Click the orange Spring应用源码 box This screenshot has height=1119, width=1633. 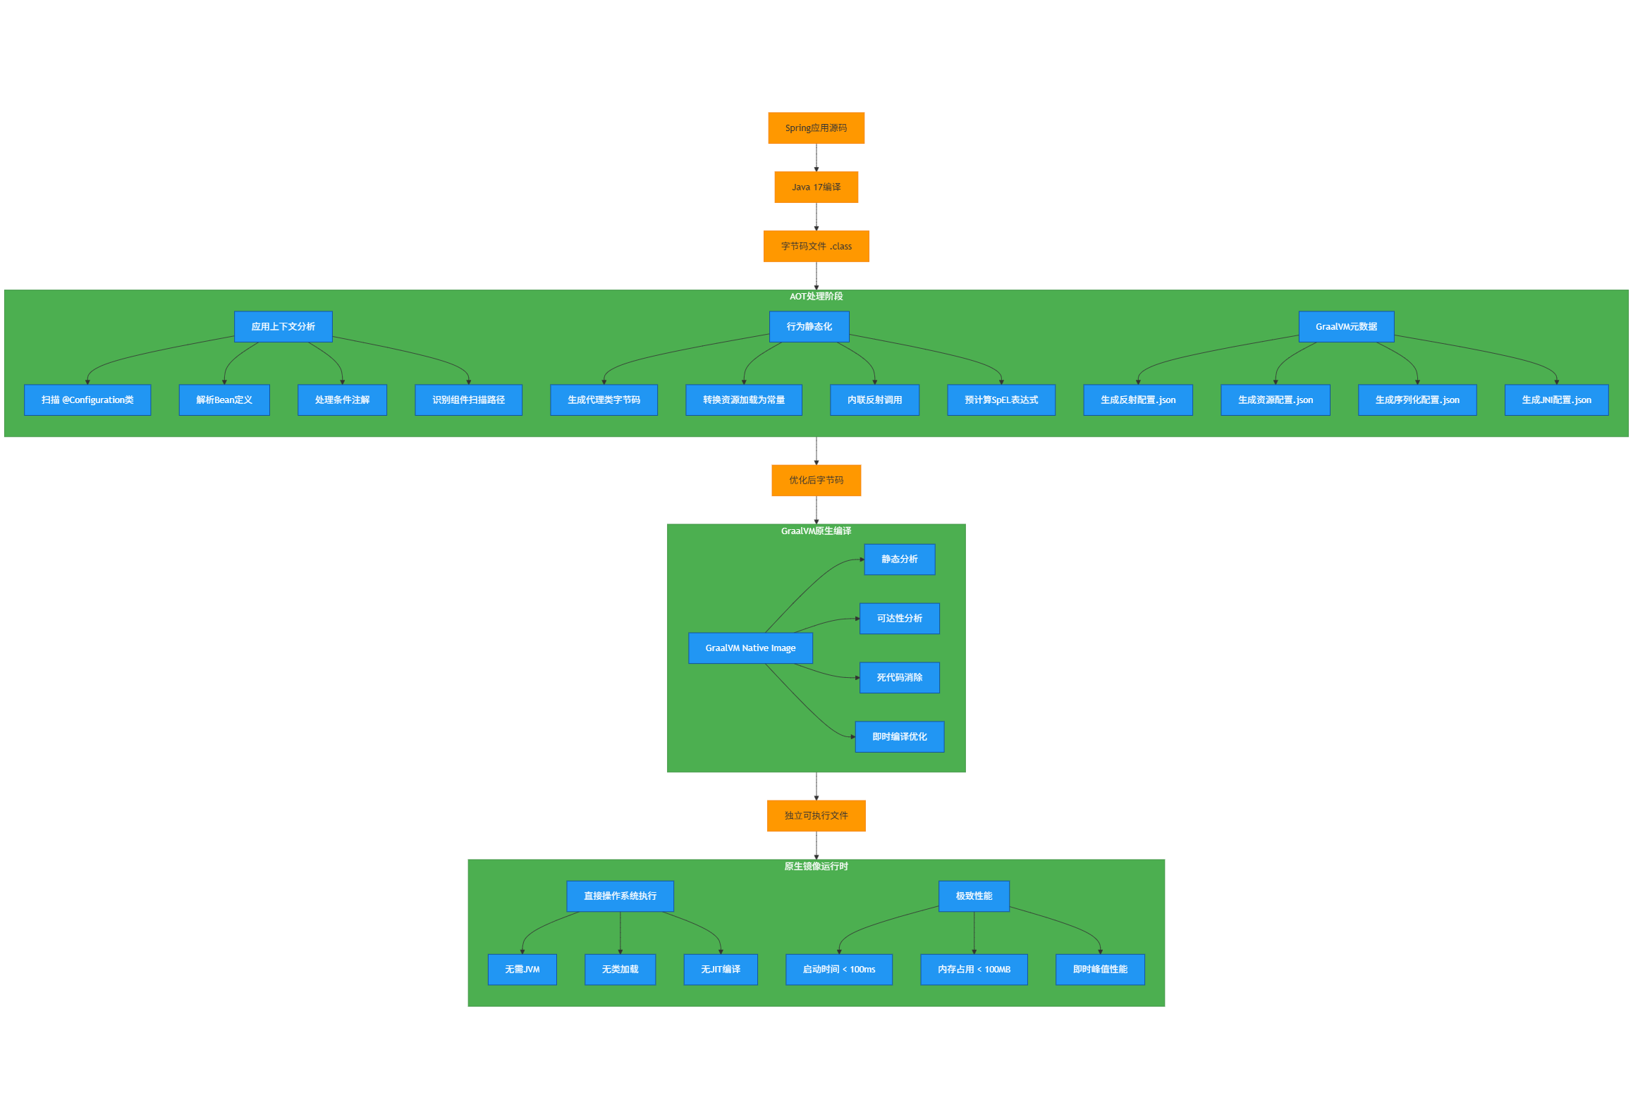pyautogui.click(x=816, y=128)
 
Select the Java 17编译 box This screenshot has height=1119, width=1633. pyautogui.click(x=816, y=187)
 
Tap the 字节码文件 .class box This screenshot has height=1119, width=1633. pyautogui.click(x=816, y=247)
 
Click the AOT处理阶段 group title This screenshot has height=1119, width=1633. pyautogui.click(x=816, y=297)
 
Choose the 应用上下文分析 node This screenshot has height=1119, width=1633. pyautogui.click(x=283, y=327)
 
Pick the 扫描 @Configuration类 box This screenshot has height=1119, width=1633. pyautogui.click(x=87, y=400)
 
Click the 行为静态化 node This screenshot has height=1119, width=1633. pyautogui.click(x=809, y=327)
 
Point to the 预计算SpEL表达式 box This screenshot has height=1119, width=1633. pyautogui.click(x=1001, y=400)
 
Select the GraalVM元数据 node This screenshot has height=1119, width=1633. pyautogui.click(x=1345, y=327)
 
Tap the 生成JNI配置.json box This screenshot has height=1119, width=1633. pyautogui.click(x=1555, y=400)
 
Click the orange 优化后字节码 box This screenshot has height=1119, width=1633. pyautogui.click(x=816, y=481)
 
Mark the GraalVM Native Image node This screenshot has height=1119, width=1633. pyautogui.click(x=750, y=648)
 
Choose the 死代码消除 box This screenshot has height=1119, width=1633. pyautogui.click(x=899, y=678)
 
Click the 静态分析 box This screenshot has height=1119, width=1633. pyautogui.click(x=899, y=559)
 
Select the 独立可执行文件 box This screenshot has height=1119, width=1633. pyautogui.click(x=816, y=816)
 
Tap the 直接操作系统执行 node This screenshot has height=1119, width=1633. pyautogui.click(x=620, y=896)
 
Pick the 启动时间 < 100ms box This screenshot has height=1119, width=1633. pyautogui.click(x=838, y=970)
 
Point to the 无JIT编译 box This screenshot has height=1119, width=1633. pyautogui.click(x=720, y=970)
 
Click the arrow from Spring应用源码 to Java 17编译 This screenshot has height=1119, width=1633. pyautogui.click(x=816, y=158)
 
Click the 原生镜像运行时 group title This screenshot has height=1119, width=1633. pyautogui.click(x=816, y=867)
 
